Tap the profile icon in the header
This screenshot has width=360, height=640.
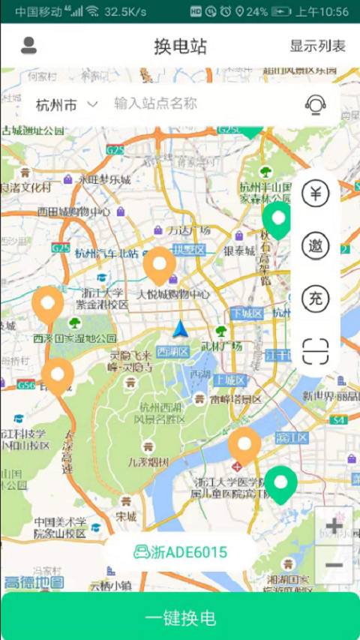tap(28, 46)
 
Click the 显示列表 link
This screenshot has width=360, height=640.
tap(318, 46)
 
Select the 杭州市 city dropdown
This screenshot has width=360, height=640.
tap(67, 104)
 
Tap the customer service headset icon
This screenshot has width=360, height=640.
tap(316, 104)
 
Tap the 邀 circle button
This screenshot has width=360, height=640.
tap(316, 245)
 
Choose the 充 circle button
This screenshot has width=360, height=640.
tap(316, 298)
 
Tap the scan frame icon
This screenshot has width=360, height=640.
tap(316, 351)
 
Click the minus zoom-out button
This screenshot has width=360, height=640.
tap(334, 565)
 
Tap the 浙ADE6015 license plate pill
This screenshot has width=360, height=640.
tap(181, 553)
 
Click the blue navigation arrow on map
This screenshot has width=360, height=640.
tap(180, 329)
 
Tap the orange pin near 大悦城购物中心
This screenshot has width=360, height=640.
tap(159, 266)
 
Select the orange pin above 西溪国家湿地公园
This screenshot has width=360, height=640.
tap(48, 304)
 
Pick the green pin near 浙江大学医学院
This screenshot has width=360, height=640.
tap(280, 483)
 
